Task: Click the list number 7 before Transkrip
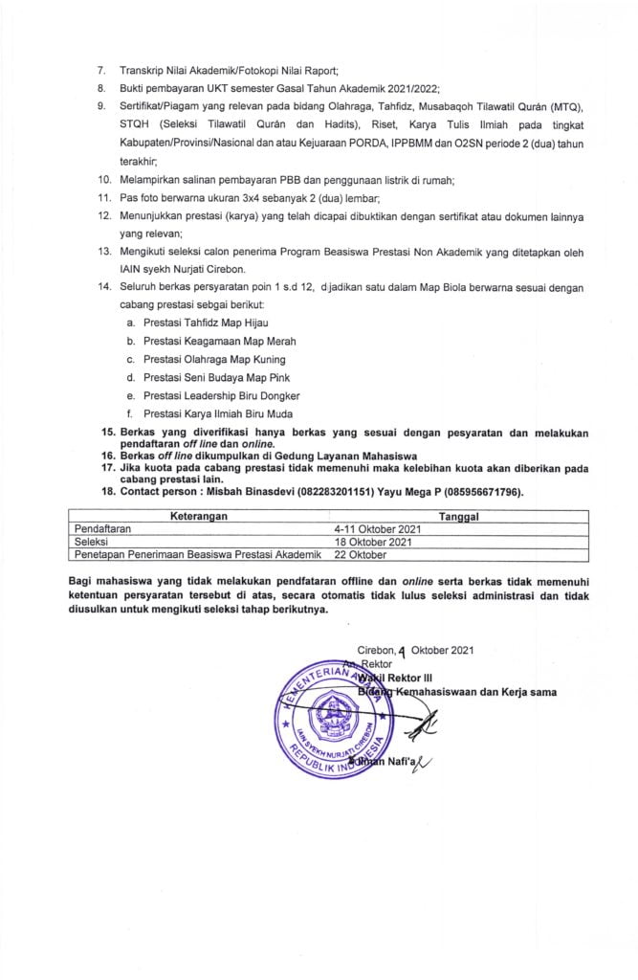tap(103, 72)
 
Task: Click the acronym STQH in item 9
tap(137, 124)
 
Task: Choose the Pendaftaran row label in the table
tap(104, 527)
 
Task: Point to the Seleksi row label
tap(93, 541)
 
